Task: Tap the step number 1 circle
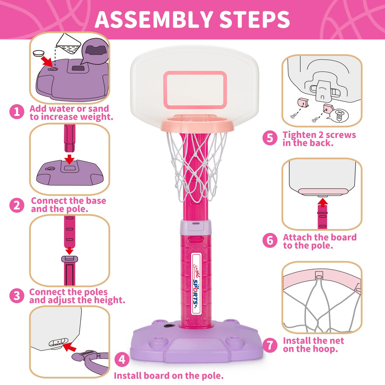point(17,112)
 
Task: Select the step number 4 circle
point(122,360)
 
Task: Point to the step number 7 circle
point(270,345)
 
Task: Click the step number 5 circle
point(270,138)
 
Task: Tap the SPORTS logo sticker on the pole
point(196,284)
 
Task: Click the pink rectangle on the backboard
point(195,90)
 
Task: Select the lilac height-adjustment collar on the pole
point(196,227)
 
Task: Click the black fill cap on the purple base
point(168,326)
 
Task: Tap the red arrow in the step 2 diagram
point(70,159)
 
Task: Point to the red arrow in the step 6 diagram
point(322,203)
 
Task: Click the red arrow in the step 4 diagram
point(69,347)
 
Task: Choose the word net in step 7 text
point(336,341)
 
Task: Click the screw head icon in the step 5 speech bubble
point(340,115)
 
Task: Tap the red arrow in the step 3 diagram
point(70,251)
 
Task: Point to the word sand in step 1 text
point(98,109)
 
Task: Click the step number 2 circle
point(17,205)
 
